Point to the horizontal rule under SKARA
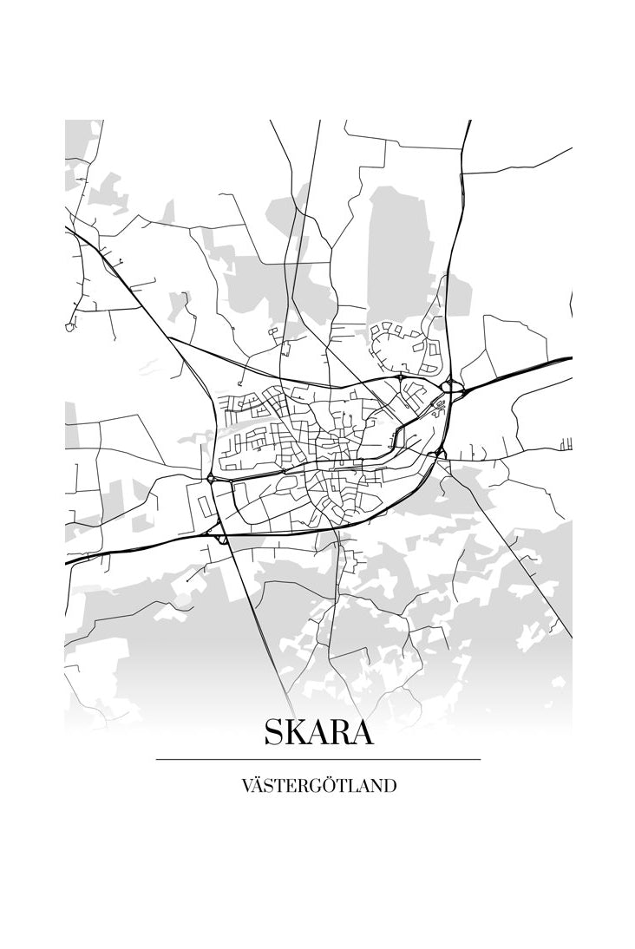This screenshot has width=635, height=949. point(318,760)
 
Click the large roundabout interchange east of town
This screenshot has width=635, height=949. point(448,386)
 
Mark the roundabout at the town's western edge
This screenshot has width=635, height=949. point(211,477)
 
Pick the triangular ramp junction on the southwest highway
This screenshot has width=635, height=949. point(222,538)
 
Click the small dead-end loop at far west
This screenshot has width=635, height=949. point(69,327)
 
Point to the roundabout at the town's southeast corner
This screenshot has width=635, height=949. point(439,453)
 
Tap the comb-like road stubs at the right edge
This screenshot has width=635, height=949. point(566,444)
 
